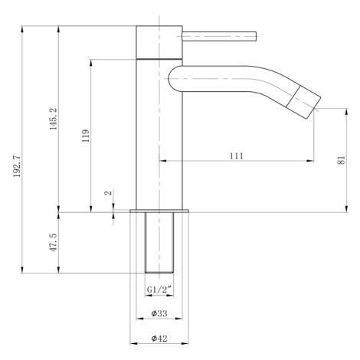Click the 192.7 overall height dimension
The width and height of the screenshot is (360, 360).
[17, 166]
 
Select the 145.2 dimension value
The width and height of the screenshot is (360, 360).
[54, 119]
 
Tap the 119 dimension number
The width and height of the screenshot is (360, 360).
[86, 136]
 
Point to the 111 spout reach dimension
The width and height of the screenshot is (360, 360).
[237, 155]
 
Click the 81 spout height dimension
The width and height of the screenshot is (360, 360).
[342, 160]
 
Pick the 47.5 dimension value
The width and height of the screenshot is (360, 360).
[54, 242]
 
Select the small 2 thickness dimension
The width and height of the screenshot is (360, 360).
[108, 193]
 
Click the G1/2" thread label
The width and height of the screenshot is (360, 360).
[159, 290]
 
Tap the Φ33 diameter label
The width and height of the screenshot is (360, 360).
[159, 313]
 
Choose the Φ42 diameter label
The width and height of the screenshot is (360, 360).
[159, 339]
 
